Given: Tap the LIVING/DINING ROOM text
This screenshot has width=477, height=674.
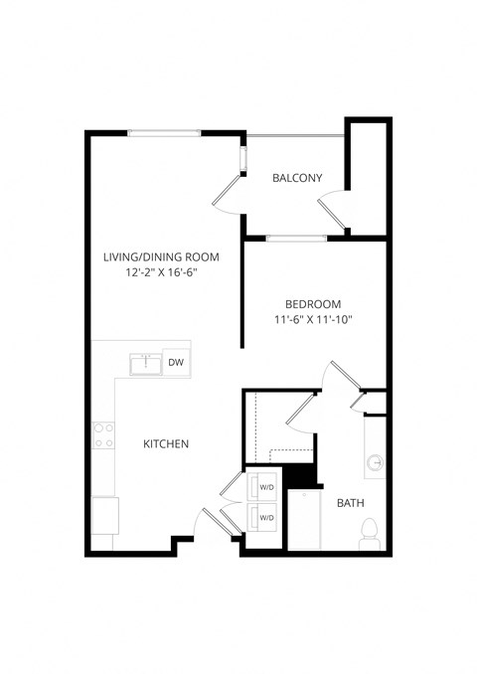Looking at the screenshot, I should [161, 256].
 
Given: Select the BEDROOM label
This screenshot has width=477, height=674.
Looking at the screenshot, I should [313, 304].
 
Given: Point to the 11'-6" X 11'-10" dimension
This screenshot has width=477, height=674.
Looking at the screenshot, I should [313, 320].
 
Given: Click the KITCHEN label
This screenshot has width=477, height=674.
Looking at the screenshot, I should [165, 443].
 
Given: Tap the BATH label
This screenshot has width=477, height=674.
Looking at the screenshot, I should [350, 503].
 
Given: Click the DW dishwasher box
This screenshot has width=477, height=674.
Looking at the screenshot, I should [176, 363].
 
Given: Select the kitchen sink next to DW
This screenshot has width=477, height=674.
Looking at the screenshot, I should [145, 363].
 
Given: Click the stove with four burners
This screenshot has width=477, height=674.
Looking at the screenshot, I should [102, 434].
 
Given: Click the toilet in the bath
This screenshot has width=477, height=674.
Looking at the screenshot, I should [370, 533].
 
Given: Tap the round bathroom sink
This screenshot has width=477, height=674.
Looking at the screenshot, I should [376, 462].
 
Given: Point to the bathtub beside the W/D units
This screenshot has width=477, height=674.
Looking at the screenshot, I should [304, 519].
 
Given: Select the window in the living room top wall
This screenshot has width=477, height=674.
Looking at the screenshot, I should [164, 132].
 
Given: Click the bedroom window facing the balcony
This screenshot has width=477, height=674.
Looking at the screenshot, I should [295, 238].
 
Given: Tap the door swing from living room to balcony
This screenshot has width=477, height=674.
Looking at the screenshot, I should [230, 190].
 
